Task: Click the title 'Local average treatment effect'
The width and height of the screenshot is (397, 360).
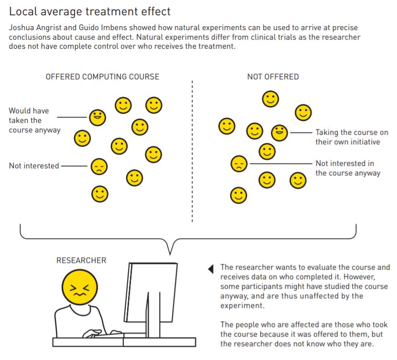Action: coord(90,11)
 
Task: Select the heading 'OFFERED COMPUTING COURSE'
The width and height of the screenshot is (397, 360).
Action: coord(102,76)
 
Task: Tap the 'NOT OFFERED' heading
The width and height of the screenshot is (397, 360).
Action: coord(273,76)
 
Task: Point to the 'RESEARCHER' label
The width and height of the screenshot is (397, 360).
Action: coord(81,261)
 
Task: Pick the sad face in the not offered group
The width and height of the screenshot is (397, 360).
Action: coord(238,164)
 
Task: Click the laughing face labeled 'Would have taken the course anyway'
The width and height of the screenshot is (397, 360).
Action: coord(97,117)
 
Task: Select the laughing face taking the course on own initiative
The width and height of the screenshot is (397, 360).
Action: coord(279,132)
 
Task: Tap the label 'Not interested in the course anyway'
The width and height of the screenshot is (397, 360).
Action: coord(347,168)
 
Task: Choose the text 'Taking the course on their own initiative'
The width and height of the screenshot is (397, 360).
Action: coord(351,137)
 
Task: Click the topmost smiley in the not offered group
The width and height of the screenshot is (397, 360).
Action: coord(270,99)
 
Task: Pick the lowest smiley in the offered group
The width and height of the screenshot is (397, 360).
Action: coord(100,194)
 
